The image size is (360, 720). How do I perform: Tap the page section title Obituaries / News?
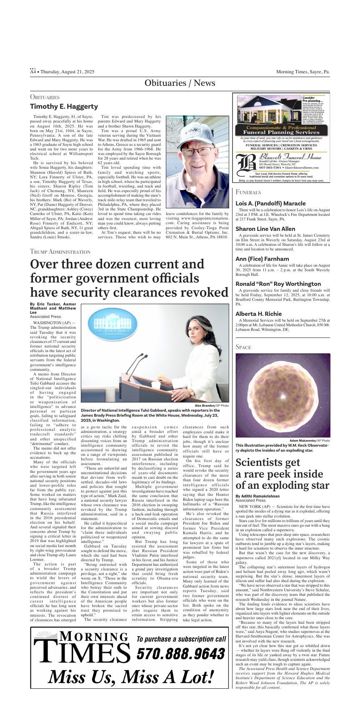(x=180, y=83)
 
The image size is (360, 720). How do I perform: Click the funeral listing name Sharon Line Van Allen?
(x=265, y=229)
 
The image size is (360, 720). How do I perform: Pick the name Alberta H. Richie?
(x=258, y=314)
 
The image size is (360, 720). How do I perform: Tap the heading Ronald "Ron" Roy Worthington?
(x=278, y=284)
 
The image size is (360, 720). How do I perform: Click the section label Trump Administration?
(x=60, y=252)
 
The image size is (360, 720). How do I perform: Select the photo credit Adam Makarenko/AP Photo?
(x=310, y=440)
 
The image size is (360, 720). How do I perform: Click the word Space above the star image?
(x=243, y=347)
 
